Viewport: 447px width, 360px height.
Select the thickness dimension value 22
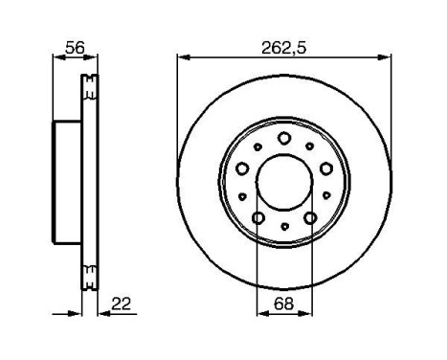[x=121, y=304]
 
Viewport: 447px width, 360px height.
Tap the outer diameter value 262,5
[x=284, y=44]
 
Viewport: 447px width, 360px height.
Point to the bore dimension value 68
[x=283, y=304]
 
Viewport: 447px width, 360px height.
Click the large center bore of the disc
[x=284, y=182]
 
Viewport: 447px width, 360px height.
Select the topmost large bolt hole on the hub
[x=284, y=138]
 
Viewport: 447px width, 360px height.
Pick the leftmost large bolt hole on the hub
[x=242, y=169]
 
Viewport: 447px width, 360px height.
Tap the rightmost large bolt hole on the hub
[x=326, y=169]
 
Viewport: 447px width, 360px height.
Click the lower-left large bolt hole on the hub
[x=258, y=218]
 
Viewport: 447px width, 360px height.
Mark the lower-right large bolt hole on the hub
[x=310, y=218]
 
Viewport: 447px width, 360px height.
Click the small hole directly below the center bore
[x=284, y=227]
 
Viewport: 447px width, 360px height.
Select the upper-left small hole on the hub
[x=259, y=146]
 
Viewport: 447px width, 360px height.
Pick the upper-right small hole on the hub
[x=309, y=146]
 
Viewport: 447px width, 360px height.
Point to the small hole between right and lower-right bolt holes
[x=325, y=196]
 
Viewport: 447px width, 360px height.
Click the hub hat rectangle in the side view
[x=65, y=182]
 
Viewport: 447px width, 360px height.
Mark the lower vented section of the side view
[x=91, y=277]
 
